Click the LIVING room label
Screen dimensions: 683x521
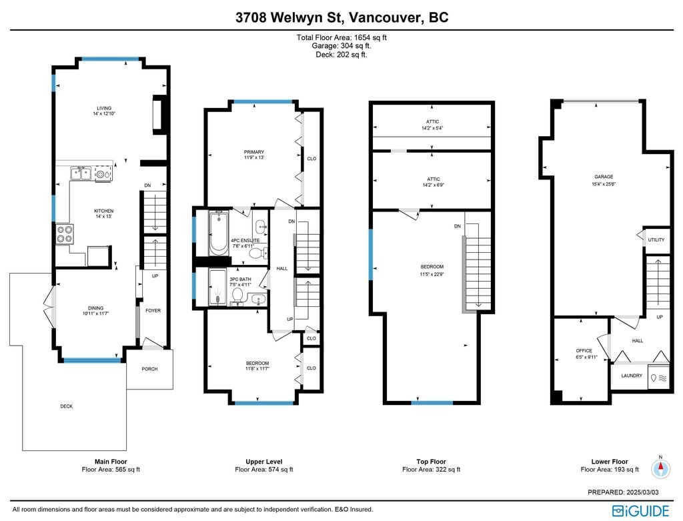click(x=104, y=108)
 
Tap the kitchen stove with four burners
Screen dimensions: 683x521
click(x=65, y=234)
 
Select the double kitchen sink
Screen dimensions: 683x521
click(x=81, y=173)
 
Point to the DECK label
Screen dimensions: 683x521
click(x=67, y=406)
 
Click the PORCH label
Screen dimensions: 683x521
click(x=149, y=369)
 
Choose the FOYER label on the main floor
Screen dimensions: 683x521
click(x=153, y=311)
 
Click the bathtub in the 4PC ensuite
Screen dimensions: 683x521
click(x=218, y=233)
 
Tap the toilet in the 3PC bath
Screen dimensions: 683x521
click(x=237, y=295)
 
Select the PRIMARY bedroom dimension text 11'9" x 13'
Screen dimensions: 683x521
click(x=254, y=157)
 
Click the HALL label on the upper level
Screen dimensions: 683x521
click(x=282, y=268)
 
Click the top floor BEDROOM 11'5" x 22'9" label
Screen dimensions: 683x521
click(x=432, y=271)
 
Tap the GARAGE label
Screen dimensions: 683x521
click(x=604, y=177)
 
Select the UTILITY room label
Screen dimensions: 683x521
click(x=656, y=240)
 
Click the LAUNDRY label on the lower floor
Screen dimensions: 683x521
click(x=632, y=376)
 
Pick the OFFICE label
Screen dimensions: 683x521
click(x=584, y=351)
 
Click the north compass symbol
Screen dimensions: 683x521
click(x=660, y=468)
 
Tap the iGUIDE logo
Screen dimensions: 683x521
click(x=640, y=511)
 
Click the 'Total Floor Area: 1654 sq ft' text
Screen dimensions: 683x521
click(x=341, y=37)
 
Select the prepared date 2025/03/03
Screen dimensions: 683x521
click(x=642, y=492)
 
